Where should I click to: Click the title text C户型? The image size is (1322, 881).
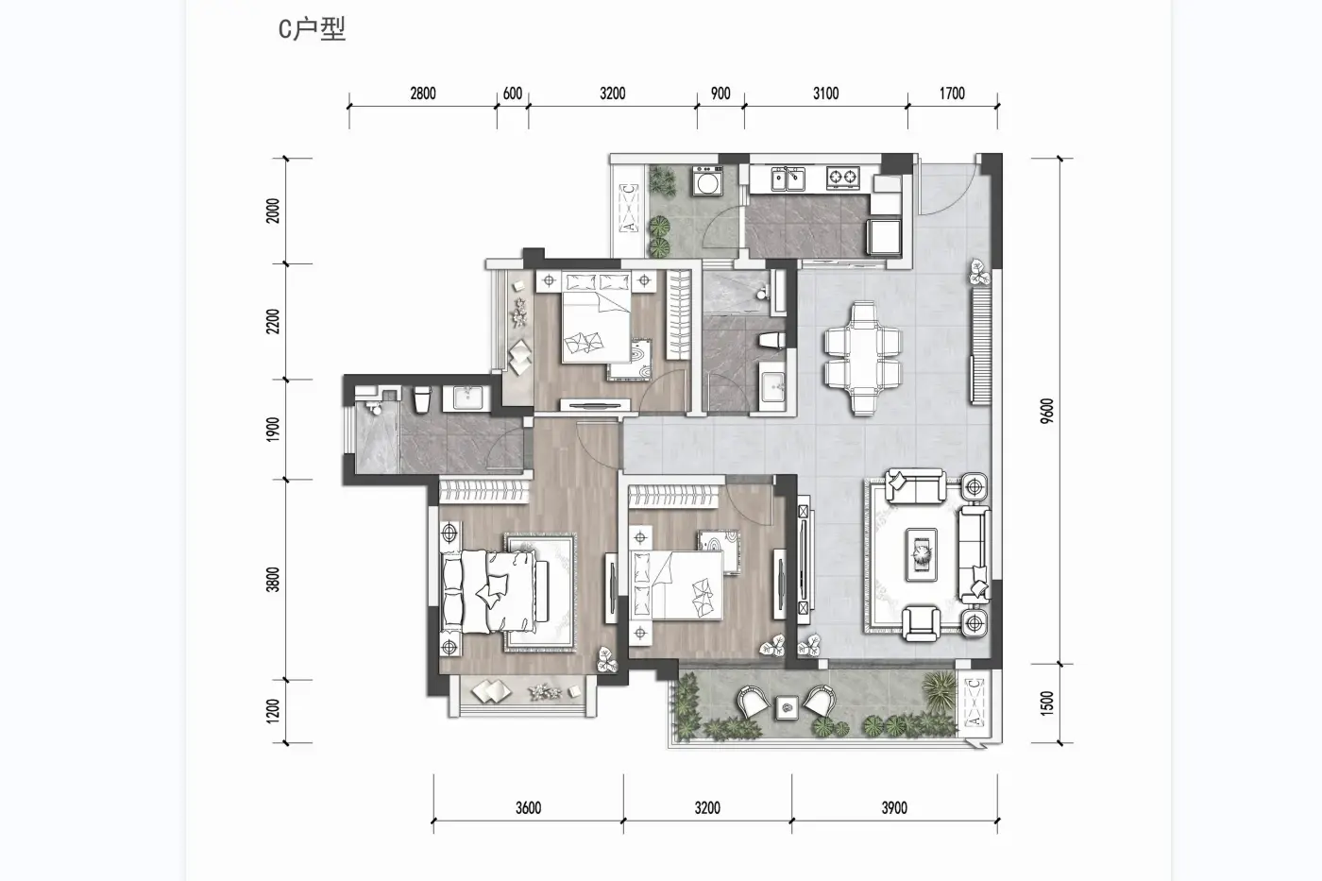click(x=312, y=29)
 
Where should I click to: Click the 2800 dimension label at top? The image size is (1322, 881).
click(x=423, y=93)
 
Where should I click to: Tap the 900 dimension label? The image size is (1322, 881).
click(x=720, y=93)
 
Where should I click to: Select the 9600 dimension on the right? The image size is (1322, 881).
click(x=1046, y=412)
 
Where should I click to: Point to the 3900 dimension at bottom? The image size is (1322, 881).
click(x=894, y=807)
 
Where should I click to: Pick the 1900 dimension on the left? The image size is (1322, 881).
click(x=272, y=430)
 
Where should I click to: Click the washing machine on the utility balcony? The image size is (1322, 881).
click(x=707, y=180)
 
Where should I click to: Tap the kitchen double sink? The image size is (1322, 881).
click(x=787, y=178)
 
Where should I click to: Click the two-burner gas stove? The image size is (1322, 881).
click(x=842, y=177)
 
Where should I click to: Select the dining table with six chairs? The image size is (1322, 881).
click(x=863, y=358)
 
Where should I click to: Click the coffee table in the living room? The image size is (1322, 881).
click(x=922, y=554)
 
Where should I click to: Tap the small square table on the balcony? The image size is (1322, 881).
click(x=787, y=707)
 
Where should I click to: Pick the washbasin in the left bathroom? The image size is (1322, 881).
click(x=470, y=398)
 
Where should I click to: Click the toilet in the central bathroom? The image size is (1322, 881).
click(x=772, y=341)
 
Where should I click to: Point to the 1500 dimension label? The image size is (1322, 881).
click(x=1046, y=703)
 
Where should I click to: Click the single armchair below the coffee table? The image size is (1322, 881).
click(x=922, y=622)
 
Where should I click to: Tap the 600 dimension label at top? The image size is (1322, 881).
click(x=512, y=93)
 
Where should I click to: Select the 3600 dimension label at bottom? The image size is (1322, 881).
click(x=528, y=807)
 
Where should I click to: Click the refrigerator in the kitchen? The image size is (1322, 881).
click(x=884, y=237)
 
